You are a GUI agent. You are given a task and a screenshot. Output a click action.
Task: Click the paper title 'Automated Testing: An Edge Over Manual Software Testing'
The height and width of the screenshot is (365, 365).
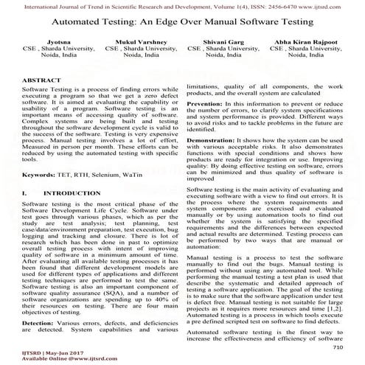pos(182,25)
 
